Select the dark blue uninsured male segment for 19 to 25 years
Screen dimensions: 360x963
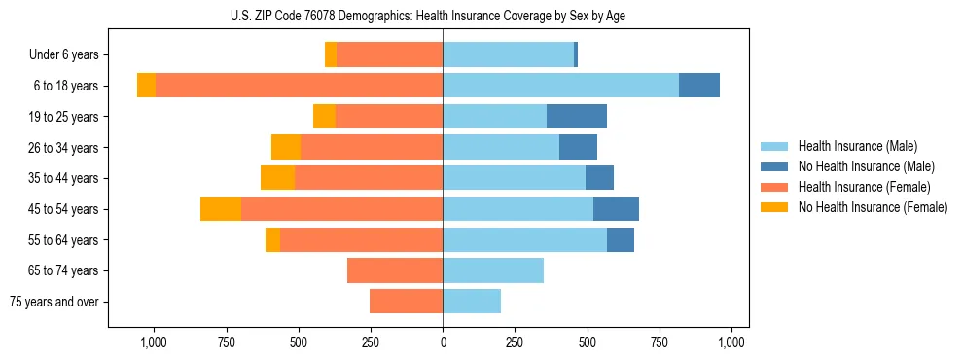tap(577, 117)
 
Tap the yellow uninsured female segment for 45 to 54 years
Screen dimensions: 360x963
tap(221, 209)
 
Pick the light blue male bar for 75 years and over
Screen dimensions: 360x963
tap(472, 302)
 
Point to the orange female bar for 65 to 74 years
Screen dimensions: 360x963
tap(395, 270)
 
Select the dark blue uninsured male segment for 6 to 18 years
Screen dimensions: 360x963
tap(699, 86)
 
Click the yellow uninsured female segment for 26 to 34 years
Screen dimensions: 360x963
tap(286, 148)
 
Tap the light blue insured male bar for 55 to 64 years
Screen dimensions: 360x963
tap(525, 240)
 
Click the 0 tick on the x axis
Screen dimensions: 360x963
tap(443, 342)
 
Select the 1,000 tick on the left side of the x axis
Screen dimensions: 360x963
tap(154, 342)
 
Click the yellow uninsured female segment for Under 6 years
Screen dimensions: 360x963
tap(331, 55)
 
